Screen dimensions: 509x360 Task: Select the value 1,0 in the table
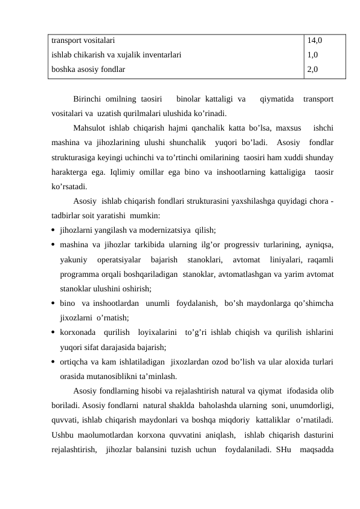312,55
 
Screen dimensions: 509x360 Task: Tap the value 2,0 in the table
312,70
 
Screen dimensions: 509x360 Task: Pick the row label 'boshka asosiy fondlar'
88,70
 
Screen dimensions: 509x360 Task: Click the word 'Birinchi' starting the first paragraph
86,99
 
